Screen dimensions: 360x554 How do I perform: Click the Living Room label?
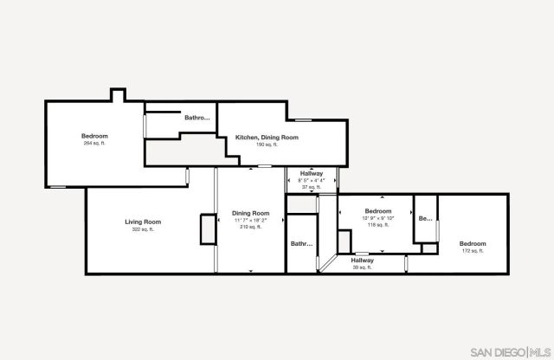pyautogui.click(x=143, y=222)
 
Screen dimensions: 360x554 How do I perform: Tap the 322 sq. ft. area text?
pyautogui.click(x=143, y=230)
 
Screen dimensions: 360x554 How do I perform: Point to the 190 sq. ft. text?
pyautogui.click(x=265, y=145)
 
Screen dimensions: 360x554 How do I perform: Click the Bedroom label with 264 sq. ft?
pyautogui.click(x=94, y=136)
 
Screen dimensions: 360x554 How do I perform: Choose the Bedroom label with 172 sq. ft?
pyautogui.click(x=473, y=243)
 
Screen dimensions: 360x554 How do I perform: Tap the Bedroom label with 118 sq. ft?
pyautogui.click(x=377, y=211)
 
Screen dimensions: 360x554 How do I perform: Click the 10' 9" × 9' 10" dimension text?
pyautogui.click(x=377, y=218)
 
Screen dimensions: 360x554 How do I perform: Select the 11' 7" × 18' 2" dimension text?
pyautogui.click(x=250, y=220)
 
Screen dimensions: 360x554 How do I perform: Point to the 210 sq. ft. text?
pyautogui.click(x=250, y=227)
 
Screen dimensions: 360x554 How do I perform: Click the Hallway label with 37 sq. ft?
pyautogui.click(x=312, y=173)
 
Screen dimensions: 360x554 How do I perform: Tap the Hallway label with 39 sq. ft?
pyautogui.click(x=362, y=260)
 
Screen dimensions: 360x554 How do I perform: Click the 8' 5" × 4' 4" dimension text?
pyautogui.click(x=312, y=180)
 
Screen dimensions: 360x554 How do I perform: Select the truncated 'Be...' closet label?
pyautogui.click(x=425, y=219)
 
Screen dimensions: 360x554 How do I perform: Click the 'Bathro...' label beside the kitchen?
pyautogui.click(x=197, y=118)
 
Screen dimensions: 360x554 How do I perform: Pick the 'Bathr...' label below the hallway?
pyautogui.click(x=301, y=244)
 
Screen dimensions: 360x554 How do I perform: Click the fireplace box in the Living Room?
pyautogui.click(x=208, y=229)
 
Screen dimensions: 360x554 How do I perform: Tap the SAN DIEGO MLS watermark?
pyautogui.click(x=509, y=351)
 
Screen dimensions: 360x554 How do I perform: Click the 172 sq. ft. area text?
pyautogui.click(x=473, y=251)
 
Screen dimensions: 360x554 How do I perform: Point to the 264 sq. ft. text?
pyautogui.click(x=94, y=144)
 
